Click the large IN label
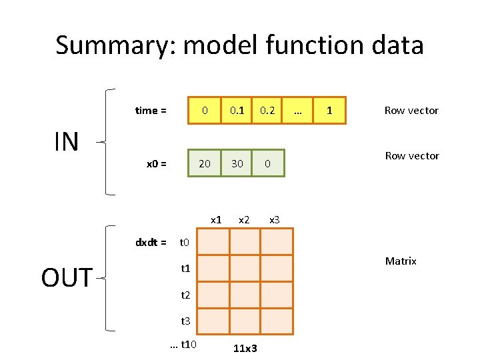(x=66, y=141)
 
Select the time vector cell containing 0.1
(x=237, y=110)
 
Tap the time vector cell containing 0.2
(x=268, y=110)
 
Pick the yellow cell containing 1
(x=329, y=110)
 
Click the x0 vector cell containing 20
(x=205, y=163)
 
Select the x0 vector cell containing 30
(x=237, y=163)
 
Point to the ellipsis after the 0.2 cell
(x=298, y=110)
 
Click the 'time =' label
(x=151, y=111)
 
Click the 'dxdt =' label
(x=151, y=242)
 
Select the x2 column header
(x=244, y=219)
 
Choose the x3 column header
(x=274, y=219)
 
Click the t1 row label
(x=186, y=269)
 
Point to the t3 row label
(x=186, y=321)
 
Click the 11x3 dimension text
(x=246, y=347)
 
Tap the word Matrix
(x=401, y=261)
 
